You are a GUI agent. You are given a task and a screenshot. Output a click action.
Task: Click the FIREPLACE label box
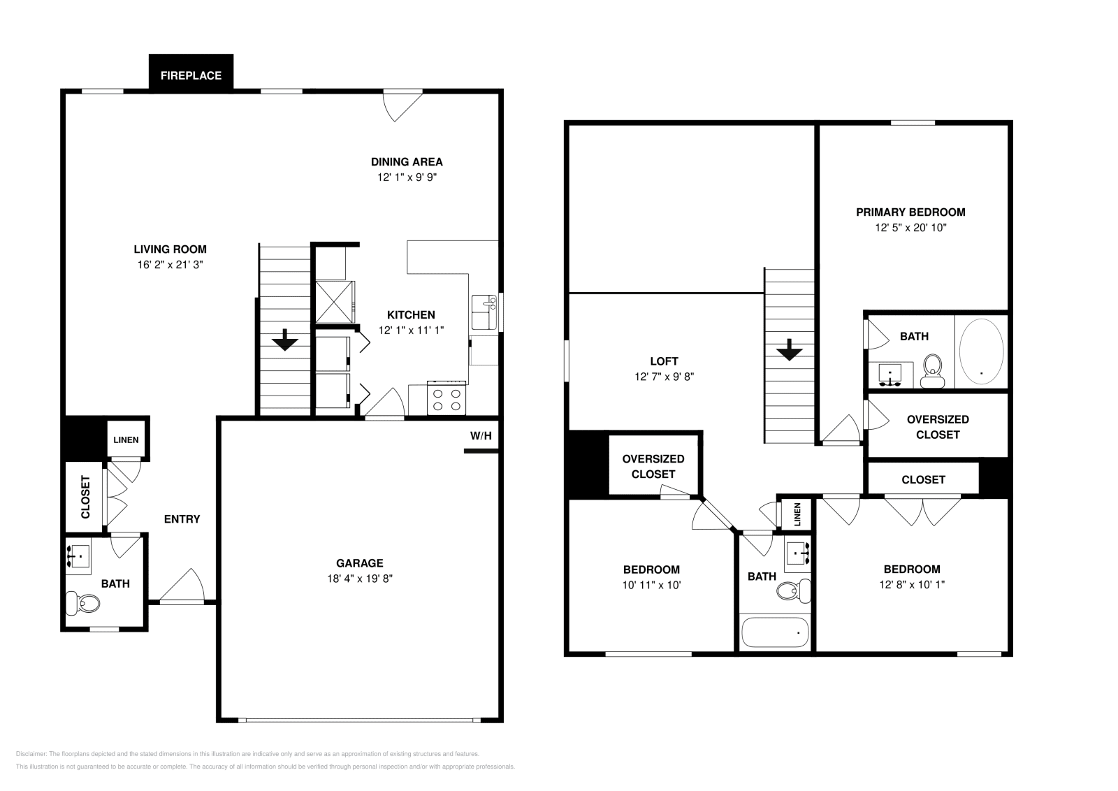click(x=191, y=75)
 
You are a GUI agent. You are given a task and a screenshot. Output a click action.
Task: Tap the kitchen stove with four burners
click(x=447, y=399)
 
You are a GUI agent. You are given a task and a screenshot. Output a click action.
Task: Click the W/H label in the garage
click(x=481, y=436)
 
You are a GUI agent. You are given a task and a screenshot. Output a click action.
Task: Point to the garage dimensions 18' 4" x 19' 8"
click(x=360, y=579)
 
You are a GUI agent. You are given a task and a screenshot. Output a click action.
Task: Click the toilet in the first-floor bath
click(x=83, y=602)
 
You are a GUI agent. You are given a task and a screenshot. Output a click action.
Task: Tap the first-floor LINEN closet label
click(x=126, y=440)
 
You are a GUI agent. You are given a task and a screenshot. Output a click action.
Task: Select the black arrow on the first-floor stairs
click(x=285, y=342)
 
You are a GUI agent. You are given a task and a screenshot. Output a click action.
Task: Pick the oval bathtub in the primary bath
click(x=981, y=352)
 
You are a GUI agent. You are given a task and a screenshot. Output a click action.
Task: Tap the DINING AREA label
click(x=407, y=162)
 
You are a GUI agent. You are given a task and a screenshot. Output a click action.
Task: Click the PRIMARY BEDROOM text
click(x=910, y=212)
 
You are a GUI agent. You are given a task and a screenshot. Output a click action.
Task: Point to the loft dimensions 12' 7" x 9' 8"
click(x=664, y=377)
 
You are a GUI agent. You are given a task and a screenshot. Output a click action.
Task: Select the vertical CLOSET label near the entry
click(x=85, y=497)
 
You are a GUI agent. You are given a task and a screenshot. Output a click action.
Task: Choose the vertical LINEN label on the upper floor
click(x=797, y=515)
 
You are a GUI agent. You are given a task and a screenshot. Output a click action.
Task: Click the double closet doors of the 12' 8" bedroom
click(x=923, y=510)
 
